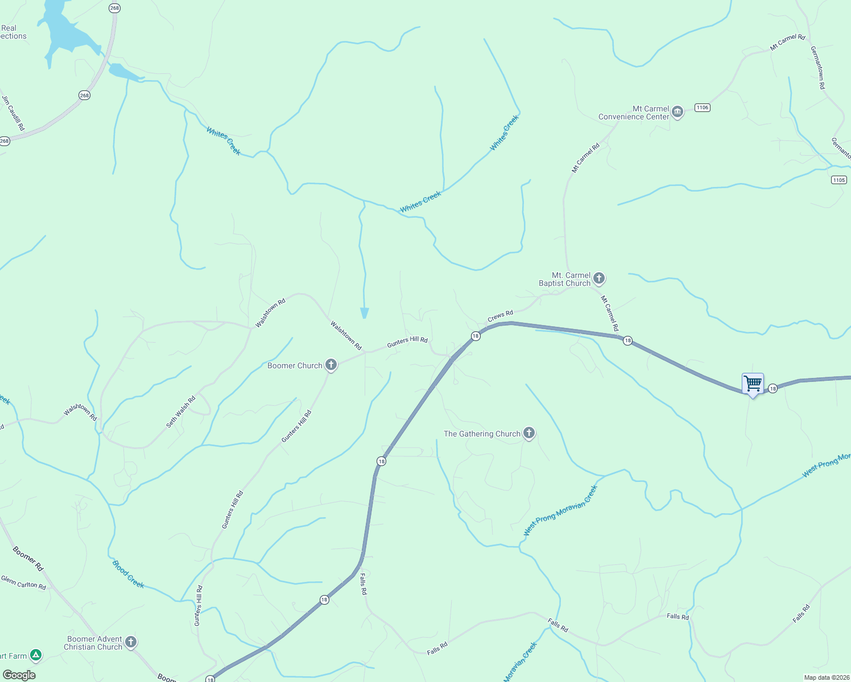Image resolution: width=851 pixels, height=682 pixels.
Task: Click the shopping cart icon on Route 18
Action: pyautogui.click(x=753, y=384)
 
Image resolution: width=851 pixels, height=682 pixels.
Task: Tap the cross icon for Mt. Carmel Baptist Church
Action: pyautogui.click(x=598, y=278)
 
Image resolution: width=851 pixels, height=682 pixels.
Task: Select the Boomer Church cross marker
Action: pyautogui.click(x=331, y=365)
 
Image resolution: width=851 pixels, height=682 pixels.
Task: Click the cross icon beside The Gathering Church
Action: pyautogui.click(x=529, y=433)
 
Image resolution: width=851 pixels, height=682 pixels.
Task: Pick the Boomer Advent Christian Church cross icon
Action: pyautogui.click(x=131, y=642)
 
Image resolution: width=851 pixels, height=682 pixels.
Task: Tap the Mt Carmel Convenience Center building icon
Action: pyautogui.click(x=677, y=111)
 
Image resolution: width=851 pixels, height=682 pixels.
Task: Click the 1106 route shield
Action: pyautogui.click(x=703, y=107)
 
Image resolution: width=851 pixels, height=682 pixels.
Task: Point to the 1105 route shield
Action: pyautogui.click(x=839, y=180)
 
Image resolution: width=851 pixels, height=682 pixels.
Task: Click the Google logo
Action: pyautogui.click(x=19, y=675)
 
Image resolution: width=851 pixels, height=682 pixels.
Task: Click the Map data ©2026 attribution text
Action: pyautogui.click(x=826, y=677)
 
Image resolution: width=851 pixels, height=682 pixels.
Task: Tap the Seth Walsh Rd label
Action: pyautogui.click(x=181, y=411)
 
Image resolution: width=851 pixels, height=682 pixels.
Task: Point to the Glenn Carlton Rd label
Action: pyautogui.click(x=23, y=583)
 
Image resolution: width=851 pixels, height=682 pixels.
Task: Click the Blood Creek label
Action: pyautogui.click(x=128, y=575)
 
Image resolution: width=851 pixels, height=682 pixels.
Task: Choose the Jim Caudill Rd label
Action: pyautogui.click(x=14, y=113)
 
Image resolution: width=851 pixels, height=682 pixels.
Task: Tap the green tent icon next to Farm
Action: pyautogui.click(x=36, y=655)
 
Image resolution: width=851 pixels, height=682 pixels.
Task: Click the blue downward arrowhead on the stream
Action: pyautogui.click(x=364, y=313)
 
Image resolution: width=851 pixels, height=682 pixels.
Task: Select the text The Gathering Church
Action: pyautogui.click(x=482, y=434)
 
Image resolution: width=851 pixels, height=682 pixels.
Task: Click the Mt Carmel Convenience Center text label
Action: pyautogui.click(x=634, y=113)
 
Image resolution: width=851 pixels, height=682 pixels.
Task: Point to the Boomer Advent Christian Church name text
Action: pyautogui.click(x=93, y=643)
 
